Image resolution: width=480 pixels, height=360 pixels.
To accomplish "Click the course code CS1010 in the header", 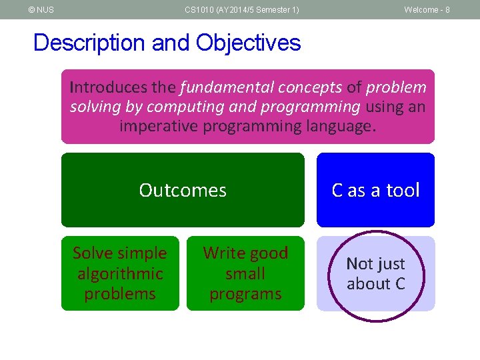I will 199,10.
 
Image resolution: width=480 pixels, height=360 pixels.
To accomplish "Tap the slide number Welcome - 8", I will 427,10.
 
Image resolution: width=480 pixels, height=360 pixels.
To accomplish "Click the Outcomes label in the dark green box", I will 183,190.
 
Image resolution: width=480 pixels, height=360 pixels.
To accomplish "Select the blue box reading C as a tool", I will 375,190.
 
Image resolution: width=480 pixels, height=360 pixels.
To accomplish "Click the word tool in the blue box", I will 403,190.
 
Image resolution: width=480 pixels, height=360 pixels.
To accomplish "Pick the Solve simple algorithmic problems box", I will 120,273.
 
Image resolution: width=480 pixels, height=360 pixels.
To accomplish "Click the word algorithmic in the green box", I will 120,273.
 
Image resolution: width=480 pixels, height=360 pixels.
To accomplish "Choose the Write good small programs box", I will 245,273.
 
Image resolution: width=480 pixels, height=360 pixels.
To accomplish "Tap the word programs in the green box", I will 245,294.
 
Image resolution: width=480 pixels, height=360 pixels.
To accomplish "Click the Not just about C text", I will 375,273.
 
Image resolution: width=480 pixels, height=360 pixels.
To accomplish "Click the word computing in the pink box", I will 185,107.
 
